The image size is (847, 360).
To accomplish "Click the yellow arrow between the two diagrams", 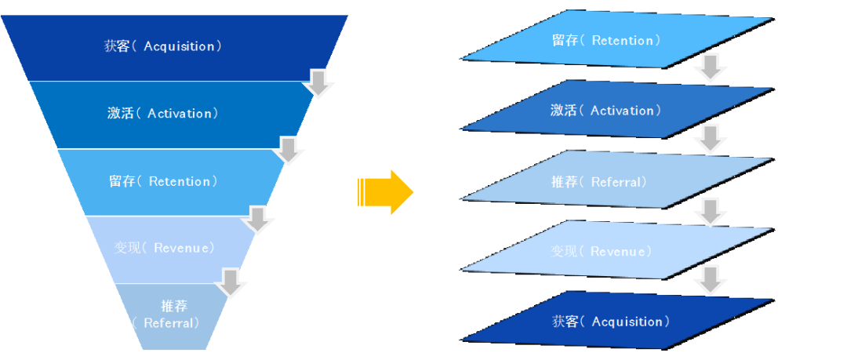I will [x=386, y=191].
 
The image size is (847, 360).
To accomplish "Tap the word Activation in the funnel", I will [x=180, y=114].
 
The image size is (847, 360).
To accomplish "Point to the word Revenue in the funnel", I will [x=184, y=248].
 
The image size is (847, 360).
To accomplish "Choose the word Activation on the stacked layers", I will [x=622, y=111].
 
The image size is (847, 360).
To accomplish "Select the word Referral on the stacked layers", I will [x=619, y=182].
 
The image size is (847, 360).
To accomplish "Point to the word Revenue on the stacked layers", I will [x=620, y=252].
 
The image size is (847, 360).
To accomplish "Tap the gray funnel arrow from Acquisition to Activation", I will [x=318, y=83].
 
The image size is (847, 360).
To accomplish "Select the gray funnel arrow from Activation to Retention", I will [x=289, y=151].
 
